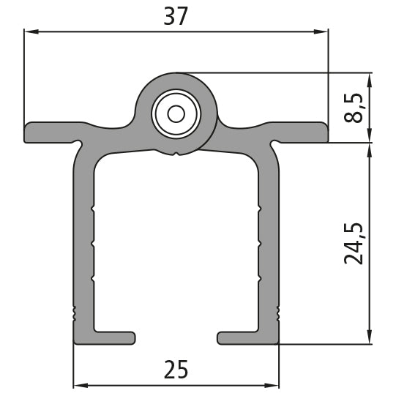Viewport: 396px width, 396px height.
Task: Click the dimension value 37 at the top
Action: coord(176,16)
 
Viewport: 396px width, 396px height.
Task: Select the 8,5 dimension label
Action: coord(354,106)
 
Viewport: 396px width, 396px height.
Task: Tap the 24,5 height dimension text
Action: coord(354,243)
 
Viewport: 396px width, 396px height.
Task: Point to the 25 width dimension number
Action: coord(176,370)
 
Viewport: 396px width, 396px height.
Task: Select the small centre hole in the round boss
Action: coord(176,113)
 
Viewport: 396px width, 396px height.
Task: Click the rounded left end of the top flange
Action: coord(28,132)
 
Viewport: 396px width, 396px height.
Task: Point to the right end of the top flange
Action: coord(324,132)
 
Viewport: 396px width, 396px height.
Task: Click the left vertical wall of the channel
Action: coord(83,242)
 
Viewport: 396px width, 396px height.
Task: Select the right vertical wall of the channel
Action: coord(269,242)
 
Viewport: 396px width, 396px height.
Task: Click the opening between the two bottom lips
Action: coord(176,337)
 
